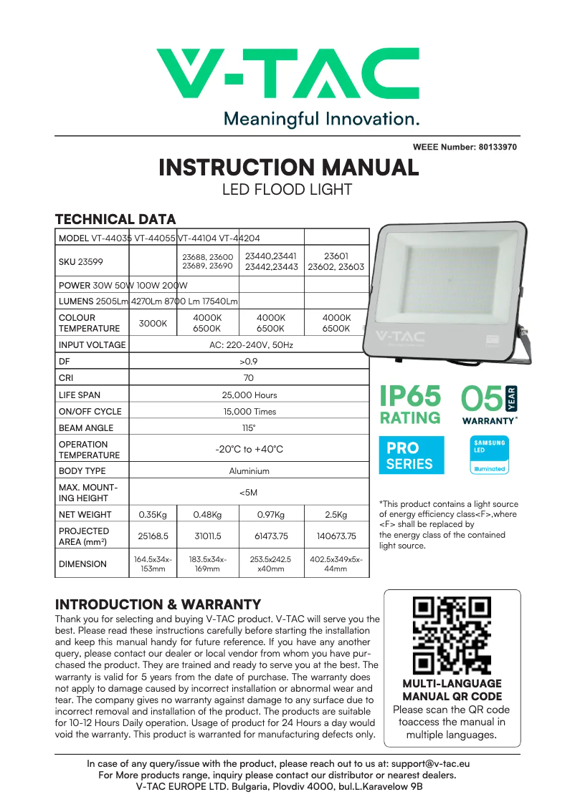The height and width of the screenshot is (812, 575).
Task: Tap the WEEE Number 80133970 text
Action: (465, 147)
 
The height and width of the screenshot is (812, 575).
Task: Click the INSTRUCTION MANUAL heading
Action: (288, 168)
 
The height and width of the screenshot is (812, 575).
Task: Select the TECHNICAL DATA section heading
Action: (115, 219)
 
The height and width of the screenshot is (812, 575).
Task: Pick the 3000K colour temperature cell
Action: (153, 323)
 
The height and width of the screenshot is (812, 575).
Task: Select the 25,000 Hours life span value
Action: (249, 395)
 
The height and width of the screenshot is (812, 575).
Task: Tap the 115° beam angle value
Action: (249, 428)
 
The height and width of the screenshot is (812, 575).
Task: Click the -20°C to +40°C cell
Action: (249, 450)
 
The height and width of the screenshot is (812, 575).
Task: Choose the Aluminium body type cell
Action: (249, 471)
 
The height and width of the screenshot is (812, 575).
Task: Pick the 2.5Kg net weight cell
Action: (336, 515)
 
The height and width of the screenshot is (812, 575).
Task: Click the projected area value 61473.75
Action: (271, 536)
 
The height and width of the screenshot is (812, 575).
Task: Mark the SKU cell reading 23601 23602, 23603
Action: (336, 261)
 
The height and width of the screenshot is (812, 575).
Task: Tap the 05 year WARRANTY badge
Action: (490, 405)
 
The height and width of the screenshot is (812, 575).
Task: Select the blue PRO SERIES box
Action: (411, 455)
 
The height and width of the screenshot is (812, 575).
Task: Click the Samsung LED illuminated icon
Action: (489, 455)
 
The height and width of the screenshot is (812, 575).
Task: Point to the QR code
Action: (452, 634)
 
